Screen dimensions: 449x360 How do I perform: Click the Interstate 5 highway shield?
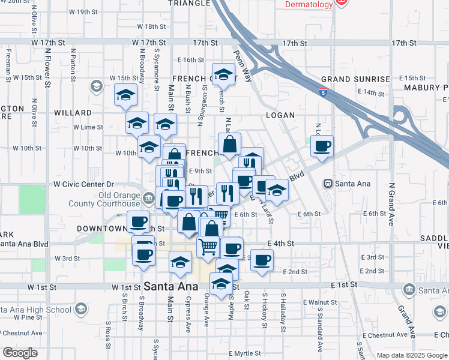tap(324, 92)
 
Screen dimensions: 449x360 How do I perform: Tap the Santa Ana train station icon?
tap(328, 183)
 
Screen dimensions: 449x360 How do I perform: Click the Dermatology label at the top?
tap(309, 5)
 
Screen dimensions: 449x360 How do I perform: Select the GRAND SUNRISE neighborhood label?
tap(355, 79)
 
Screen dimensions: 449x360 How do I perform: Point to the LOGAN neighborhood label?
tap(280, 115)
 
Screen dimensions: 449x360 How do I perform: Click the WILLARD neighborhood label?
tap(73, 113)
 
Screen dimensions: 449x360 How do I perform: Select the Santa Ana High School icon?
tap(80, 309)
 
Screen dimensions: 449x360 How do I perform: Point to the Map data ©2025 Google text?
tap(411, 355)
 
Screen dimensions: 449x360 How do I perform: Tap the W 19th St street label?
tap(83, 11)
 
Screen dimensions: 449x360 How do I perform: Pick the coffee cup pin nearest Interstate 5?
tap(322, 145)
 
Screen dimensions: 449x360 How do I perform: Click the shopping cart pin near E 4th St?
tap(208, 245)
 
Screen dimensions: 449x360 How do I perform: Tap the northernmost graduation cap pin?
tap(224, 75)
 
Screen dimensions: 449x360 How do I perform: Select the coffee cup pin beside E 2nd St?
tap(261, 260)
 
